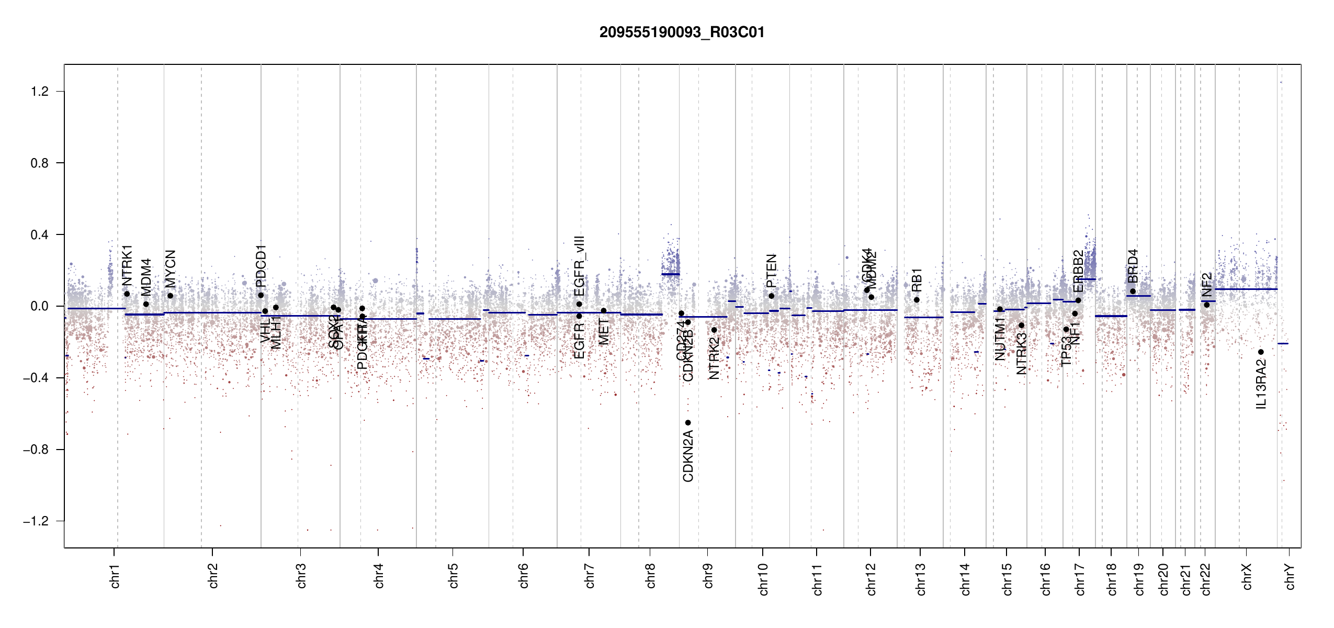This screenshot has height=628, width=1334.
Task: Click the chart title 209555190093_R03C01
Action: tap(682, 32)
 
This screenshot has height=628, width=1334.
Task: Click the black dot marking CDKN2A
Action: tap(688, 422)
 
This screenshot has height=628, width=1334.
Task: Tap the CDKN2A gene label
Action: tap(688, 456)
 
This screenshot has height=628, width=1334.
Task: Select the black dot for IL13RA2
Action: tap(1261, 352)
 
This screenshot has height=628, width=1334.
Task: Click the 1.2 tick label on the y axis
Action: tap(39, 92)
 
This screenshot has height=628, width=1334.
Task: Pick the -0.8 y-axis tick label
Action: tap(36, 450)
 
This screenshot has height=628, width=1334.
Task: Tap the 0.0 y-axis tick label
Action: tap(39, 306)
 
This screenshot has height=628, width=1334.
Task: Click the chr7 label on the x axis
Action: tap(590, 576)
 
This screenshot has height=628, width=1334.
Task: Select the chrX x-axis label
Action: tap(1247, 576)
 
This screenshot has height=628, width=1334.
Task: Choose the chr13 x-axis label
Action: tap(920, 579)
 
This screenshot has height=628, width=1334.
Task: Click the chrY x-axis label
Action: tap(1290, 576)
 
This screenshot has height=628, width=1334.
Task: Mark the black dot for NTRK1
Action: tap(127, 294)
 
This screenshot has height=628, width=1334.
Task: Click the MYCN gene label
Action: tap(171, 268)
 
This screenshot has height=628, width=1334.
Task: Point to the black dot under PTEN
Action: tap(771, 296)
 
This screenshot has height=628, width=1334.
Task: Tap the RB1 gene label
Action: tap(917, 279)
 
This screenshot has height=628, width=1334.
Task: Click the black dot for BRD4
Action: tap(1133, 291)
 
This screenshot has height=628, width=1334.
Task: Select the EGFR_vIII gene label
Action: tap(579, 266)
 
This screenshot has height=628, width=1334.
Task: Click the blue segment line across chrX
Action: tap(1246, 289)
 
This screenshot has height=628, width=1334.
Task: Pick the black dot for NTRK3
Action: tap(1021, 325)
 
